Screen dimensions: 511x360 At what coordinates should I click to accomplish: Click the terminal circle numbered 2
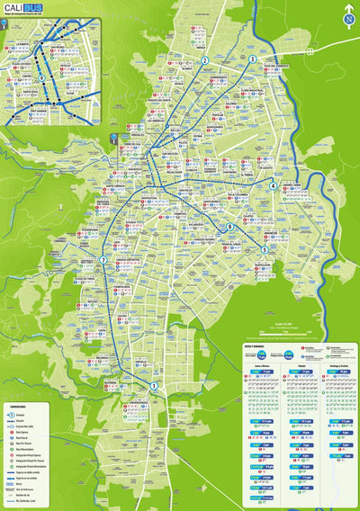point(205,61)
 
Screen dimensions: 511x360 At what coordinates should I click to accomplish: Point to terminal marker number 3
point(252,59)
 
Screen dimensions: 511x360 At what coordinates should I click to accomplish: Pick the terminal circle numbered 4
point(273,185)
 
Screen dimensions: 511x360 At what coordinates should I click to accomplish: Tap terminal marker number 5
point(264,249)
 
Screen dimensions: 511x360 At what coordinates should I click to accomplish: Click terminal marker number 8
point(229,227)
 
